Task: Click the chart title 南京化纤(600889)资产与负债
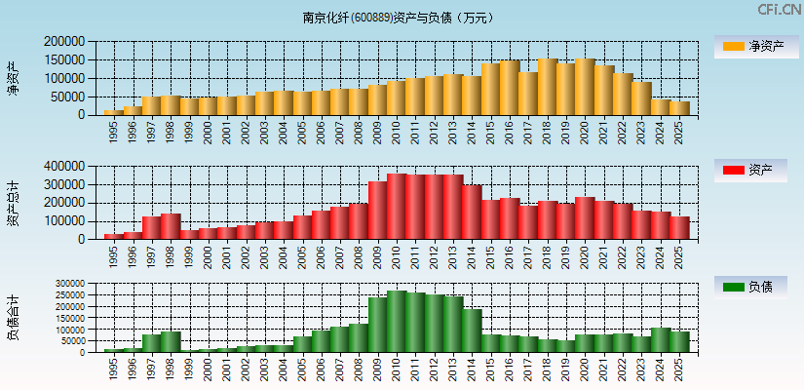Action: [398, 18]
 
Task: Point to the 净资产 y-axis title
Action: [13, 78]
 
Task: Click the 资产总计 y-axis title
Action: [13, 203]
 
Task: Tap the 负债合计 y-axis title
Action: [13, 318]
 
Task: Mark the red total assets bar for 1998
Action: [171, 226]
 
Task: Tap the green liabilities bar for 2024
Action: [660, 340]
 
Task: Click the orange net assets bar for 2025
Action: [679, 108]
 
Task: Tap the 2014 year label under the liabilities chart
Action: [472, 368]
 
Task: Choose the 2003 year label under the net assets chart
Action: [264, 131]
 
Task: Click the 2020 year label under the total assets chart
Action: [585, 255]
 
